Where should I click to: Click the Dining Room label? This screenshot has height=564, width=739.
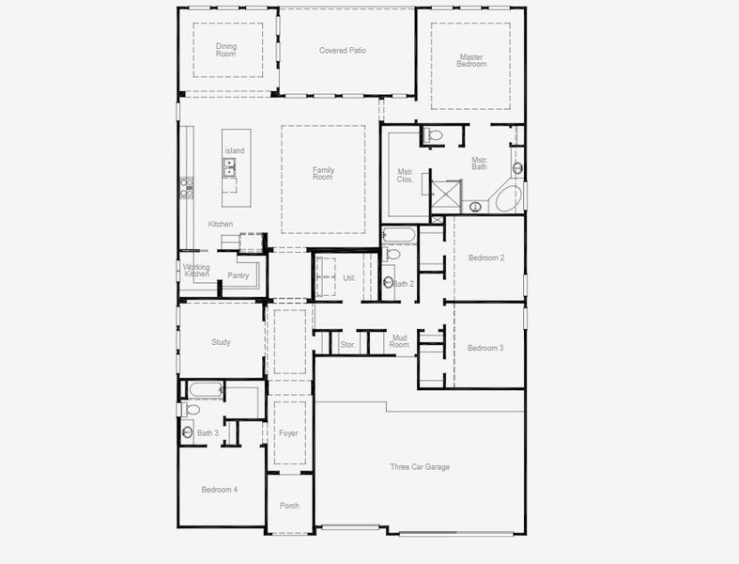click(226, 50)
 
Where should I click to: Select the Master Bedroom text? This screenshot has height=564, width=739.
click(471, 61)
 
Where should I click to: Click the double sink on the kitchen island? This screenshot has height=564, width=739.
click(229, 167)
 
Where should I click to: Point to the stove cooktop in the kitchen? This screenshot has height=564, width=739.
click(185, 187)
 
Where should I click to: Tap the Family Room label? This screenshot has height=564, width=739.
click(323, 174)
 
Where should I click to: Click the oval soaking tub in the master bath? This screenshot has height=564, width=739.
click(507, 198)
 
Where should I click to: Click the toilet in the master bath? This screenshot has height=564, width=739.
click(433, 135)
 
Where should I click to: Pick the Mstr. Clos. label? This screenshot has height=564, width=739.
click(406, 177)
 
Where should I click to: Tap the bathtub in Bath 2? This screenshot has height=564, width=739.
click(397, 234)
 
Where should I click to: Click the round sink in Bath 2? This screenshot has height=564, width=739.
click(389, 281)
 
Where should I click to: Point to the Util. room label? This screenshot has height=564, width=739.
click(348, 278)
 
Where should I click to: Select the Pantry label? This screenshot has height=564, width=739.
click(239, 275)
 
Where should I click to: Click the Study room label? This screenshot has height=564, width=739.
click(221, 342)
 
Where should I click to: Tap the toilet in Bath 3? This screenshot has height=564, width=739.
click(192, 411)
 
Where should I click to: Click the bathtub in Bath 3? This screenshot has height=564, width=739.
click(205, 389)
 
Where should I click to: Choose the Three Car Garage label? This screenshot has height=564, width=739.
click(420, 466)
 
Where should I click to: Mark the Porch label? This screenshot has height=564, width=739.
click(289, 506)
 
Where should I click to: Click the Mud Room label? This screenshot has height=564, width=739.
click(400, 341)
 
